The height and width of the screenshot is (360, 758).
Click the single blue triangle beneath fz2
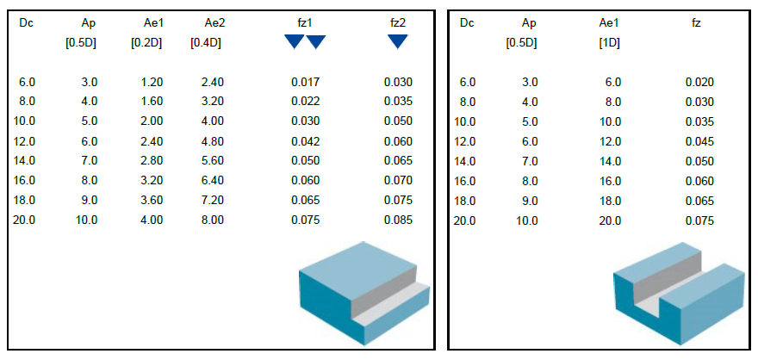click(397, 41)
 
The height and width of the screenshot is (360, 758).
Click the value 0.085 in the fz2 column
click(398, 220)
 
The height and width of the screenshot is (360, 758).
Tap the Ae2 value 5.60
click(212, 161)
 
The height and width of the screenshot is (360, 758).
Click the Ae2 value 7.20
click(212, 201)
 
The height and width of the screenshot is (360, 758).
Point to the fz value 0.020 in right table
click(699, 83)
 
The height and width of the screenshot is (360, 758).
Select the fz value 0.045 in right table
click(699, 141)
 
